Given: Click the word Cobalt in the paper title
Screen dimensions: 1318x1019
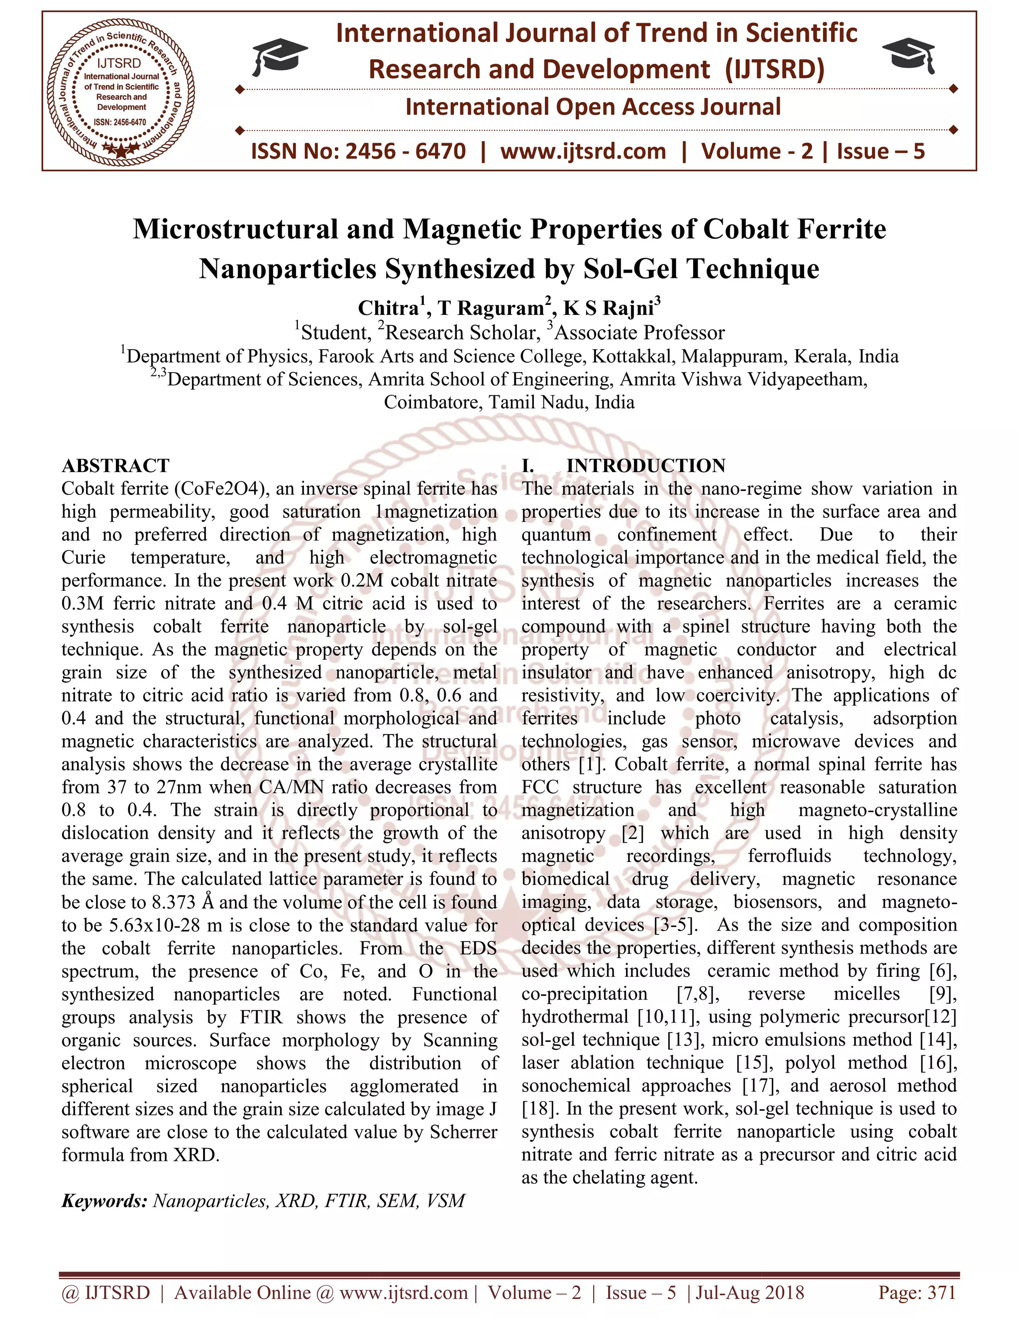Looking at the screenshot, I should click(745, 229).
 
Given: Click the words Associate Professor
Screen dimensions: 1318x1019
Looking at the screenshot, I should click(640, 333).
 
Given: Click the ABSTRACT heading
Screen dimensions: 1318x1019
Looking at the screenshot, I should click(115, 466).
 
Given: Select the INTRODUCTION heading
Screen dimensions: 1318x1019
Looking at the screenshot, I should click(645, 466).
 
